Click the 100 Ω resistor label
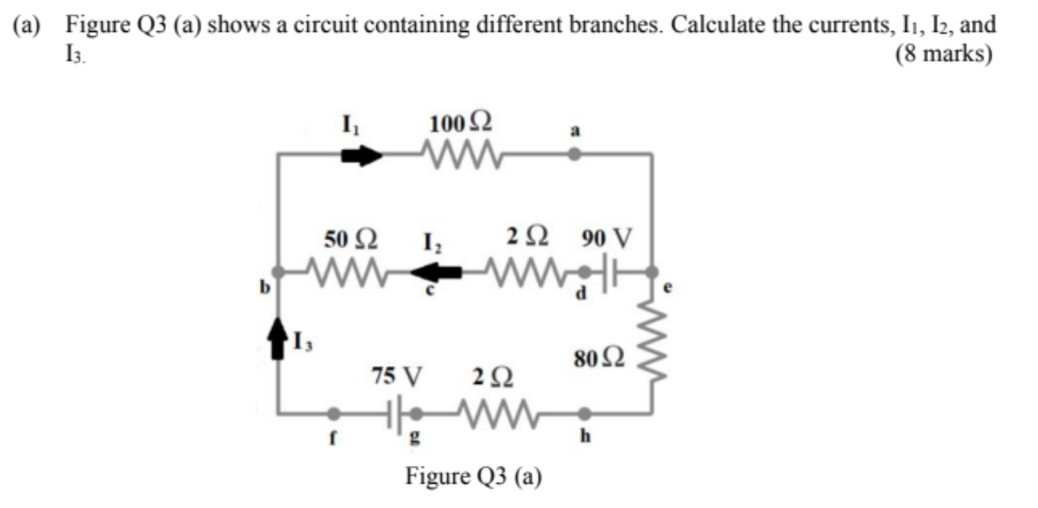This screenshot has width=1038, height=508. (x=461, y=124)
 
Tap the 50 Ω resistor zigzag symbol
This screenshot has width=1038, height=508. (x=346, y=272)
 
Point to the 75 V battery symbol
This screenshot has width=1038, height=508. (x=395, y=412)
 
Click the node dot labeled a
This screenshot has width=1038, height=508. (x=574, y=155)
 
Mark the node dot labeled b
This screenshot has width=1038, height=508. (x=278, y=272)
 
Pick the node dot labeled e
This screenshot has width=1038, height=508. (x=652, y=272)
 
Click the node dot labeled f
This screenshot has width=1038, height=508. (x=333, y=412)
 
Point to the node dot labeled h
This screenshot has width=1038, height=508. (x=584, y=412)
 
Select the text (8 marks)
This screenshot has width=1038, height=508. (x=944, y=54)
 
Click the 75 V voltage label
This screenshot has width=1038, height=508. (x=397, y=375)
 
